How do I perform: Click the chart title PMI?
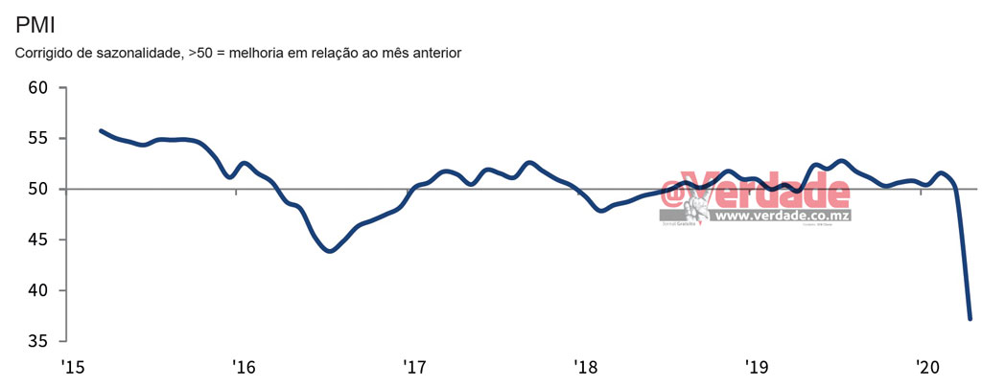click(x=35, y=24)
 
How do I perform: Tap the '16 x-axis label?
click(x=244, y=368)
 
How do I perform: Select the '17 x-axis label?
click(x=414, y=368)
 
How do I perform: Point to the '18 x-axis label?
click(x=586, y=368)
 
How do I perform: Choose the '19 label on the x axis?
click(x=758, y=368)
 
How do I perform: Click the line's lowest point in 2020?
click(x=970, y=318)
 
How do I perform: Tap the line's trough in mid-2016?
click(x=329, y=251)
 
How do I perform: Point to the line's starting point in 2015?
click(x=101, y=130)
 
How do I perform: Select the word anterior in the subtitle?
click(x=434, y=53)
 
